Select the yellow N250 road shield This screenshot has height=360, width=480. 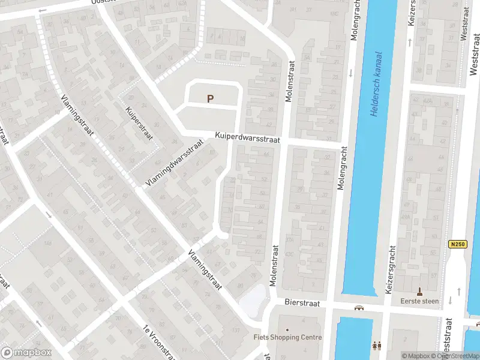point(457,244)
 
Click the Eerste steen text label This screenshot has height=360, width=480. point(420,301)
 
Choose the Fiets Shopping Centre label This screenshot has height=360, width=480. point(287,338)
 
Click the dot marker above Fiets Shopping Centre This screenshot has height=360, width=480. point(287,329)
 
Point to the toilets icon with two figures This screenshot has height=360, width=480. point(377,346)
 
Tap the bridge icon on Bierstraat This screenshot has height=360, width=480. point(359,308)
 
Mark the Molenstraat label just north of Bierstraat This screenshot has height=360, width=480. point(276,265)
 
